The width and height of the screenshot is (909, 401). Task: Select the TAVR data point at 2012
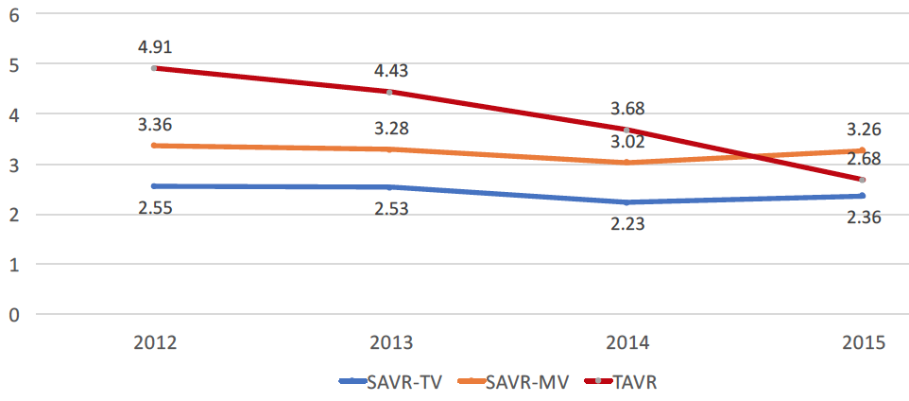pyautogui.click(x=154, y=68)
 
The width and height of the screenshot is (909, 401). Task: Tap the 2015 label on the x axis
pyautogui.click(x=862, y=342)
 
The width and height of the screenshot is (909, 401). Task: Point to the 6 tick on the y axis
pyautogui.click(x=13, y=14)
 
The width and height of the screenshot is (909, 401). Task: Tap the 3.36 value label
pyautogui.click(x=154, y=125)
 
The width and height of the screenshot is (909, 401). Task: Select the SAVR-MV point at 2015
pyautogui.click(x=862, y=150)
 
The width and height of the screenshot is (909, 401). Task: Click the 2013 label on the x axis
pyautogui.click(x=389, y=342)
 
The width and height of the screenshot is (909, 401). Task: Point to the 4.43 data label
pyautogui.click(x=389, y=70)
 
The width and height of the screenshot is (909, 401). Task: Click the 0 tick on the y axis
pyautogui.click(x=13, y=314)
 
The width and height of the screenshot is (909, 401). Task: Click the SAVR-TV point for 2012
pyautogui.click(x=154, y=186)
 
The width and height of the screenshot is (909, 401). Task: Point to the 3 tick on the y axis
pyautogui.click(x=13, y=165)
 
